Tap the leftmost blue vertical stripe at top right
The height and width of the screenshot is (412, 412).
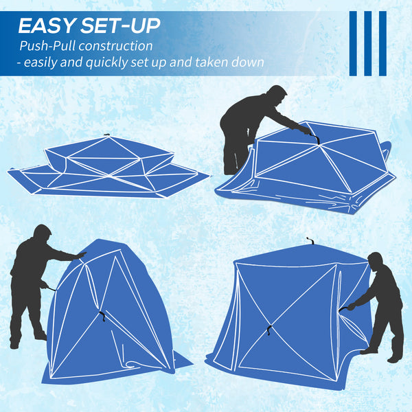tap(353, 43)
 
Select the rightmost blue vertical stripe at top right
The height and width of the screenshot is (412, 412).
tap(382, 43)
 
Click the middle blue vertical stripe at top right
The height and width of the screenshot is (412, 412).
tap(368, 43)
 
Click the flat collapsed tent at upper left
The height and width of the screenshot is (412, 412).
tap(108, 166)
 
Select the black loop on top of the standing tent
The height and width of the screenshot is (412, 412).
tap(310, 241)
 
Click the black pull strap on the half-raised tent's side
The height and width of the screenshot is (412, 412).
tap(102, 317)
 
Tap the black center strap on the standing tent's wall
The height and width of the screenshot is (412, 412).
tap(268, 328)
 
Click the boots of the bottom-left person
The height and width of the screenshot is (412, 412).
tap(27, 339)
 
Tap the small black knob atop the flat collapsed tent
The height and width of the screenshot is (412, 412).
tap(106, 135)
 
